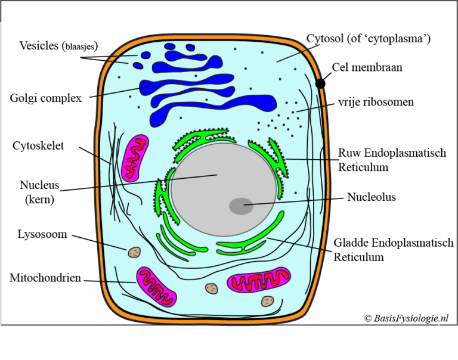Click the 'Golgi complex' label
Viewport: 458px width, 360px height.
point(46,98)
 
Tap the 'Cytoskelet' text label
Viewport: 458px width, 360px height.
point(38,146)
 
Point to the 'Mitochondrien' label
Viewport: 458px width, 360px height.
point(45,278)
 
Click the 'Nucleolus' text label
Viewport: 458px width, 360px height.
point(372,197)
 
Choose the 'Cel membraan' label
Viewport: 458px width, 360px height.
point(367,67)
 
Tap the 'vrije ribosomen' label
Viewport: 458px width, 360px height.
point(375,103)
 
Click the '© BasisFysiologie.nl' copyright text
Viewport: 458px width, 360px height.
point(406,319)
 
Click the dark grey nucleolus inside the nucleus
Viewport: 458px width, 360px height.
point(241,206)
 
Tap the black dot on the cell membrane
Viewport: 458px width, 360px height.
point(321,83)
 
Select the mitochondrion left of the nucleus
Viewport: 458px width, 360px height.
point(135,158)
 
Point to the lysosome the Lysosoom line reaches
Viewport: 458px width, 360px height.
point(134,252)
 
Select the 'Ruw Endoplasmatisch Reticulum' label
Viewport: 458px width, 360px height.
point(392,160)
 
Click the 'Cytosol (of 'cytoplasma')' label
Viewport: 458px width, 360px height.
point(369,39)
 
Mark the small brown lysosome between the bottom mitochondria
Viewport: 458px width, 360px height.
point(212,288)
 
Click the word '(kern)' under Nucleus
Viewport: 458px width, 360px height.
point(40,200)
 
